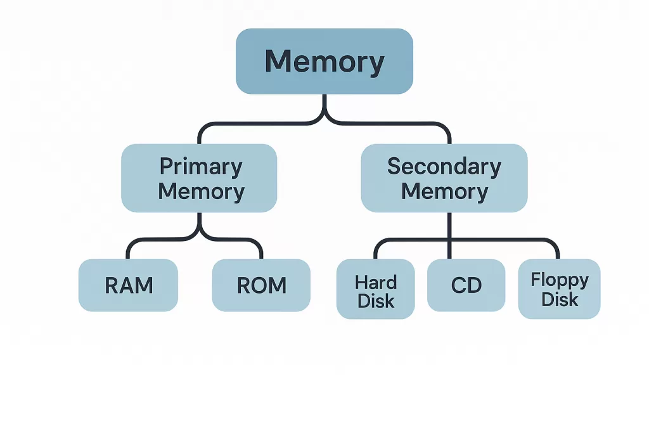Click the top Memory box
click(x=324, y=61)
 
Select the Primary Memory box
click(x=199, y=178)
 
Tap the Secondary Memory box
click(x=444, y=178)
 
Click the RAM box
click(x=128, y=285)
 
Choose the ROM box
click(x=261, y=285)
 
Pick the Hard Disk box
click(x=375, y=289)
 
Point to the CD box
click(x=466, y=285)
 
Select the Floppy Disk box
click(x=559, y=289)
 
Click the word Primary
click(x=200, y=167)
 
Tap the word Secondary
click(x=444, y=167)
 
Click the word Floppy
click(x=560, y=280)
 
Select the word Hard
click(x=376, y=281)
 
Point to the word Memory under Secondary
click(x=444, y=191)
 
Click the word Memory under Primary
click(x=201, y=191)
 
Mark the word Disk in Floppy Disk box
click(x=560, y=299)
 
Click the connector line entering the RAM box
click(x=128, y=250)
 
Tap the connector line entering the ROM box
click(x=261, y=250)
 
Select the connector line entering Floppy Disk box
click(x=558, y=250)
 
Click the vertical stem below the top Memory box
click(x=324, y=105)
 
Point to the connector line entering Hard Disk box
click(x=375, y=250)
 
